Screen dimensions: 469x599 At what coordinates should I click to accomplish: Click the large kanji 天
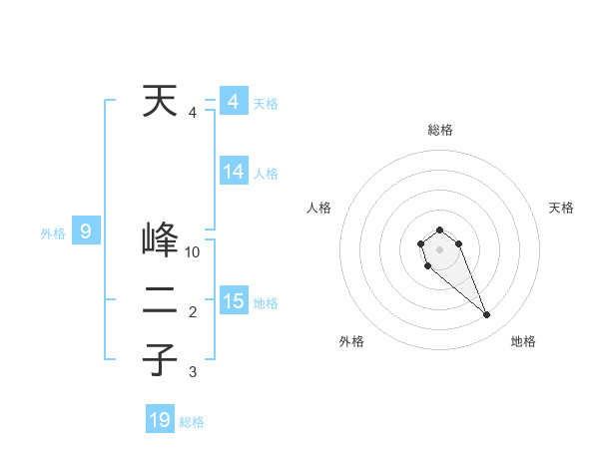[160, 101]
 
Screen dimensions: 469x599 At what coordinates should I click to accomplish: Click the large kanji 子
[160, 358]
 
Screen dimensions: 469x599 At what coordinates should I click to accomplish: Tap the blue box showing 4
[233, 102]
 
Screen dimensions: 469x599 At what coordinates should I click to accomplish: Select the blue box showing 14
[234, 172]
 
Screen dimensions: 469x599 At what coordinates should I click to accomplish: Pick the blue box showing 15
[234, 300]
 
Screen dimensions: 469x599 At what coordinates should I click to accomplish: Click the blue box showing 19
[160, 420]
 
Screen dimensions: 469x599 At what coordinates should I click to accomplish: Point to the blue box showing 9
[86, 233]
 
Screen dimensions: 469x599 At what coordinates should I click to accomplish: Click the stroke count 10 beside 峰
[193, 252]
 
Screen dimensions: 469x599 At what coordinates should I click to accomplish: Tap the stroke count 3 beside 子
[193, 372]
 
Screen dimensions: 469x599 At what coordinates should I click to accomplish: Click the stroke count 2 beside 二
[193, 312]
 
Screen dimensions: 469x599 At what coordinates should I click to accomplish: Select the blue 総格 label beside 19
[192, 422]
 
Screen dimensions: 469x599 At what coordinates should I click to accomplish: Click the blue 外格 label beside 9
[53, 234]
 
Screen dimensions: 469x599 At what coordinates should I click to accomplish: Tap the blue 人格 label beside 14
[266, 174]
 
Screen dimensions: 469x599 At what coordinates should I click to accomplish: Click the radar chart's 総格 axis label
[439, 130]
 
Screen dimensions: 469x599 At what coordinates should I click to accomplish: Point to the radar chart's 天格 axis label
[562, 208]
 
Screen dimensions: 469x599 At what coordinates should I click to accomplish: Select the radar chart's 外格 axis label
[351, 342]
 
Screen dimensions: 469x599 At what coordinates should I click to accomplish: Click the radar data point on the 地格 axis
[487, 315]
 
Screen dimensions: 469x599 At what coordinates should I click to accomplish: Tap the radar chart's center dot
[439, 248]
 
